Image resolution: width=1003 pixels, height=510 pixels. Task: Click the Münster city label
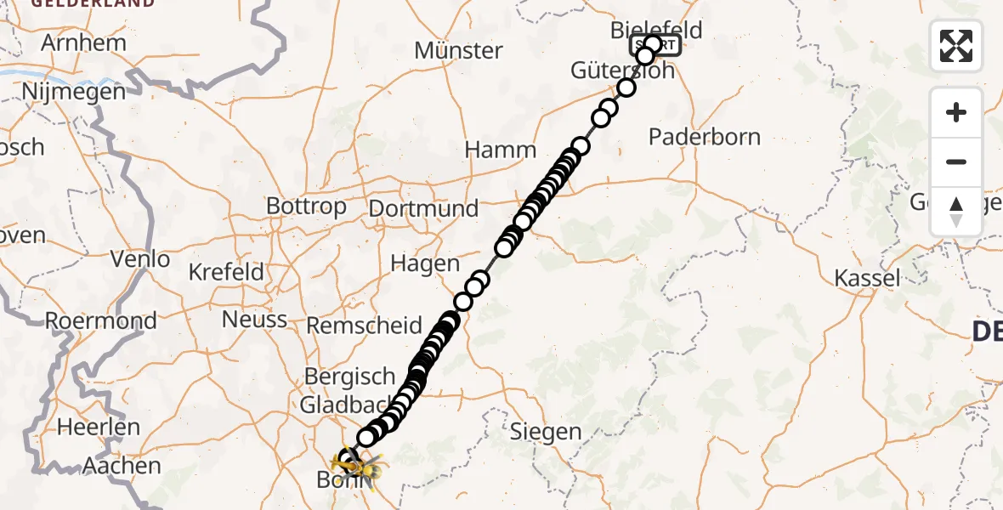point(458,51)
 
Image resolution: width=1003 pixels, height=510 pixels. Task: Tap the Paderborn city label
point(705,137)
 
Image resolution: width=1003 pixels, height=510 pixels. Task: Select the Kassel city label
point(867,278)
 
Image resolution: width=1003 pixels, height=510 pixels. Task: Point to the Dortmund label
point(423,208)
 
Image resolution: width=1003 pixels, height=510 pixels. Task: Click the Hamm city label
point(501,150)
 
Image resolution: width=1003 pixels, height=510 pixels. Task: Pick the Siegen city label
point(545,432)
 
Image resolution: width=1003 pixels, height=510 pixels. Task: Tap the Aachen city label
point(123,466)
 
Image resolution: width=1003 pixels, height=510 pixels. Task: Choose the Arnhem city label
point(83,42)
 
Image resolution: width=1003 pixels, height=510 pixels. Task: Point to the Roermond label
point(101,321)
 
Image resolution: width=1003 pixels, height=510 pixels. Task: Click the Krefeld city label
point(225,273)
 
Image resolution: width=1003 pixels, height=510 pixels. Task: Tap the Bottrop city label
point(306,206)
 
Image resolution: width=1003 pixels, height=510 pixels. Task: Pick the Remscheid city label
point(364,326)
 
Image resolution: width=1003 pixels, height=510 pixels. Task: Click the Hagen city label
point(425,263)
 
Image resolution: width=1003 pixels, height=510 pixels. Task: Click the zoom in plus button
point(956,112)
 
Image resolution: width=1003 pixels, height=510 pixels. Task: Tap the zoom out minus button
point(956,161)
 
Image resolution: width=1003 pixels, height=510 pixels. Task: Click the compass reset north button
point(956,212)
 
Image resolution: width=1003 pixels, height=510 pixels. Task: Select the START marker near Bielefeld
point(655,45)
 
